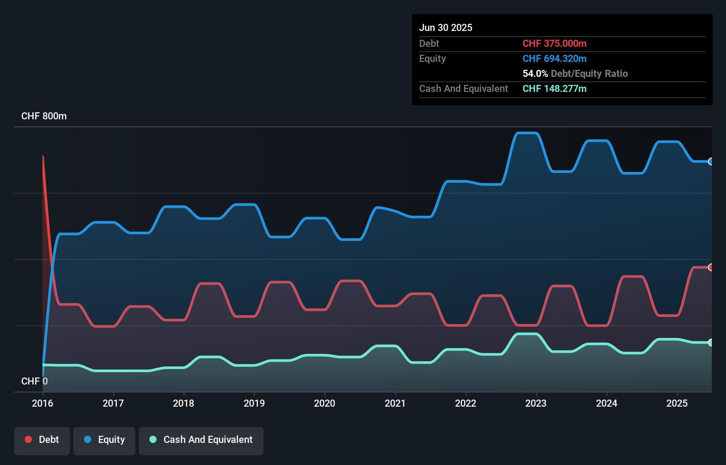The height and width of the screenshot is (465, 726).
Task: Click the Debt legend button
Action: pyautogui.click(x=42, y=440)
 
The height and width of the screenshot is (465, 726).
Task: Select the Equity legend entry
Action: pyautogui.click(x=104, y=440)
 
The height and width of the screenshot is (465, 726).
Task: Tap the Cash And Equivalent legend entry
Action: pyautogui.click(x=201, y=440)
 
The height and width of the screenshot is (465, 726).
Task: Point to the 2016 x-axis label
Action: pyautogui.click(x=42, y=403)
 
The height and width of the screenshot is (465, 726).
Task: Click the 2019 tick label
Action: pyautogui.click(x=254, y=403)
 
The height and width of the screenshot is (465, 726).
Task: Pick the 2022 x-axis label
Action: pyautogui.click(x=466, y=403)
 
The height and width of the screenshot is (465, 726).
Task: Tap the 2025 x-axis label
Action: pyautogui.click(x=677, y=403)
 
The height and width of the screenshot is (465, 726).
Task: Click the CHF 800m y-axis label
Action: pyautogui.click(x=44, y=116)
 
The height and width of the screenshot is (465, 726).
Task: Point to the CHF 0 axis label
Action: pyautogui.click(x=34, y=381)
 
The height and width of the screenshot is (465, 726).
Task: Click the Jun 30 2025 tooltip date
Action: pyautogui.click(x=446, y=28)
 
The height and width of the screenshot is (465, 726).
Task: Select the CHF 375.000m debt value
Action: pyautogui.click(x=554, y=44)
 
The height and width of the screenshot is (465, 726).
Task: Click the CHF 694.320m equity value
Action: pyautogui.click(x=554, y=59)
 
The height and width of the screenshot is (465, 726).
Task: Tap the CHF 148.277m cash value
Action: pyautogui.click(x=554, y=89)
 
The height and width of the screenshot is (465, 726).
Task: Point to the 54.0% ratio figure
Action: pyautogui.click(x=535, y=74)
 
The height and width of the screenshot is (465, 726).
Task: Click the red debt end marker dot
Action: pyautogui.click(x=711, y=267)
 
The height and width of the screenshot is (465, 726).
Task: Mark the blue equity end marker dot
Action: pyautogui.click(x=711, y=162)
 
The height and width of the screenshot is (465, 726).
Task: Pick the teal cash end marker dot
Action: pyautogui.click(x=711, y=343)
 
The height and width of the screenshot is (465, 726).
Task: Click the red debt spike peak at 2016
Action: pyautogui.click(x=43, y=156)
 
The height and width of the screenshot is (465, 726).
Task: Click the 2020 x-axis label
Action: pyautogui.click(x=325, y=403)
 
